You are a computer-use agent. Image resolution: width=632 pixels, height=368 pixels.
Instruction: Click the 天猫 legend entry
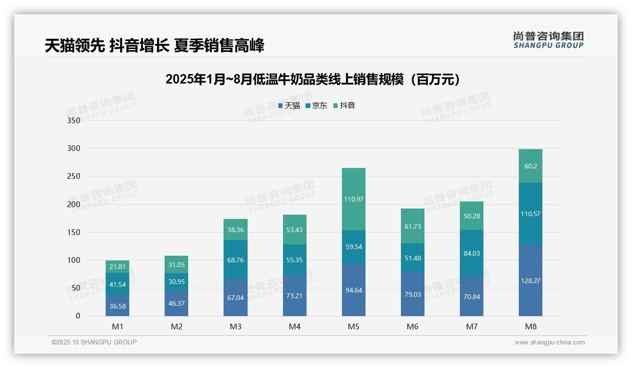tap(289, 106)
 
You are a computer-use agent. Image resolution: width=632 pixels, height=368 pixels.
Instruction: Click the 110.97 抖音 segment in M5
tap(353, 199)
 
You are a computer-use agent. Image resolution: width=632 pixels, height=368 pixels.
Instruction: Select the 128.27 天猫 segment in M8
tap(530, 280)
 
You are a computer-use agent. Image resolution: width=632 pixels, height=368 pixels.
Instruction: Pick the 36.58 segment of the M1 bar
tap(117, 306)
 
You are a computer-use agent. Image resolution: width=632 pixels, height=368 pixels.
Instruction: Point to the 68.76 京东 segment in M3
tap(235, 260)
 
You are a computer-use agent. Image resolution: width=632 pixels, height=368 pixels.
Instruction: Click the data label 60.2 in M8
tap(531, 166)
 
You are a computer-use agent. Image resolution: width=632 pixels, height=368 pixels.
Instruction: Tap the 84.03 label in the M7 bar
tap(472, 253)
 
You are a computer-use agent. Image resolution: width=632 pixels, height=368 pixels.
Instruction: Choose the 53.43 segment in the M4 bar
tap(295, 229)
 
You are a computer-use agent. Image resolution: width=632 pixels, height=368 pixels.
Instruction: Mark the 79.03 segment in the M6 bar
tap(413, 294)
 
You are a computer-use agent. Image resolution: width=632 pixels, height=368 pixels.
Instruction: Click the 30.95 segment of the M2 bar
tap(176, 282)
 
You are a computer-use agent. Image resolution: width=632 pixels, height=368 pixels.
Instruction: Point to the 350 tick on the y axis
tap(74, 120)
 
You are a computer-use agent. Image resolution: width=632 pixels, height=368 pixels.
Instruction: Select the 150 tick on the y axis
tap(74, 232)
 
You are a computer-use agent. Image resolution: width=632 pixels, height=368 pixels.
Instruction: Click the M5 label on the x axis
tap(353, 326)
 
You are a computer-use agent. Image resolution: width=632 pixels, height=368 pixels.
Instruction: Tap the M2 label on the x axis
tap(176, 326)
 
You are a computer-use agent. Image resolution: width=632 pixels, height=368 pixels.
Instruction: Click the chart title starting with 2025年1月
tap(313, 79)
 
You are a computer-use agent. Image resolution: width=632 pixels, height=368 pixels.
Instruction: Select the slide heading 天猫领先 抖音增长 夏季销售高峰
tap(155, 45)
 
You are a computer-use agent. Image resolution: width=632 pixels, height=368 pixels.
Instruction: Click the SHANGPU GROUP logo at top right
tap(548, 40)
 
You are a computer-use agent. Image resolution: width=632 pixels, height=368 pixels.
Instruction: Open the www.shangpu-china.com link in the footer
tap(549, 343)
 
